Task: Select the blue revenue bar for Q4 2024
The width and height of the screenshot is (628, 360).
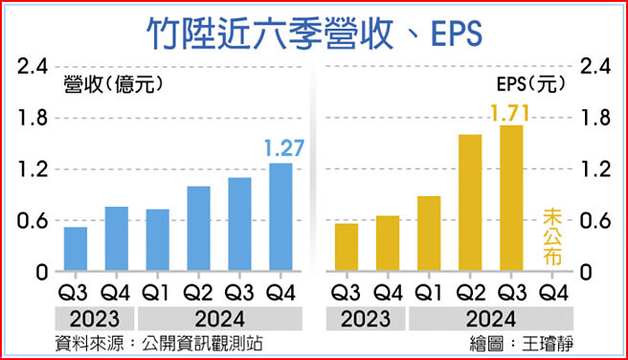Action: coord(280,217)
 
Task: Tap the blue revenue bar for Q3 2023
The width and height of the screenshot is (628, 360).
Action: coord(76,249)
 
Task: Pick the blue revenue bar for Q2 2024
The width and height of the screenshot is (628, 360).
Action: coord(198,229)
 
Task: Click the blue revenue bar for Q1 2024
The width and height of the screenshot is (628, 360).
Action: coord(158,240)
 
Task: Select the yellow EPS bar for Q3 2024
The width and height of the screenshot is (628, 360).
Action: coord(510,199)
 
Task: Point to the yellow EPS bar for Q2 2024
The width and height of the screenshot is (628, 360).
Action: coord(470,203)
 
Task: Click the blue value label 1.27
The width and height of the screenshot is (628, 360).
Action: coord(283,148)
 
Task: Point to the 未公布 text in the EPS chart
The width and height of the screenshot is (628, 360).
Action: coord(552,236)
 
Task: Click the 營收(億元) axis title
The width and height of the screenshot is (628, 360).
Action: coord(107,84)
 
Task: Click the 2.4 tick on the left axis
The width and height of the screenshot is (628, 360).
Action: coord(29,67)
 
